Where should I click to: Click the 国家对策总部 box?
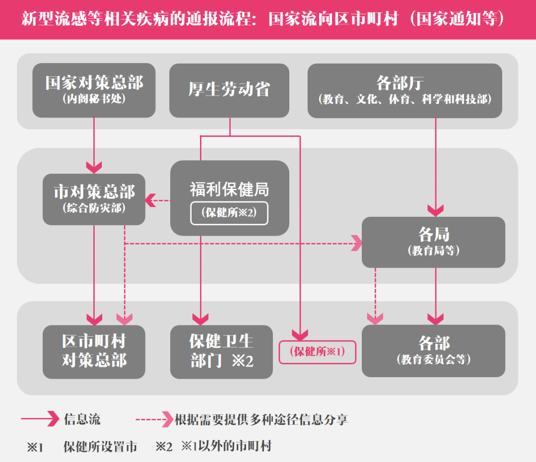pos(94,90)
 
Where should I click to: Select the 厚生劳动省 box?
pos(229,90)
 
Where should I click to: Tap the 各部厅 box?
pos(405,90)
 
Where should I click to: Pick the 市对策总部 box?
pos(94,199)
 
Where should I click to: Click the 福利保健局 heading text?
pos(229,189)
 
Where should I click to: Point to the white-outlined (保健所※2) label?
pos(229,213)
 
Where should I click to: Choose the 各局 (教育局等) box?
pos(433,242)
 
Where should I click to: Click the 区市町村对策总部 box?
pos(94,351)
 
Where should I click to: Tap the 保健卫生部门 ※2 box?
pos(221,351)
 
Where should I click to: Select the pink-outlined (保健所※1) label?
pos(318,352)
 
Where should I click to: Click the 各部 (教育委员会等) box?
pos(433,350)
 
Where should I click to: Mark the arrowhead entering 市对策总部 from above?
pos(94,165)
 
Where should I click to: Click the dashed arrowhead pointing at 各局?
pos(357,244)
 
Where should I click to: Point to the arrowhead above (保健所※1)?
pos(300,334)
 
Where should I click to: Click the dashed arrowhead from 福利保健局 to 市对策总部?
pos(149,200)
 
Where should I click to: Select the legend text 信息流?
pos(82,419)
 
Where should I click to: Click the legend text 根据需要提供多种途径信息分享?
pos(261,419)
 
